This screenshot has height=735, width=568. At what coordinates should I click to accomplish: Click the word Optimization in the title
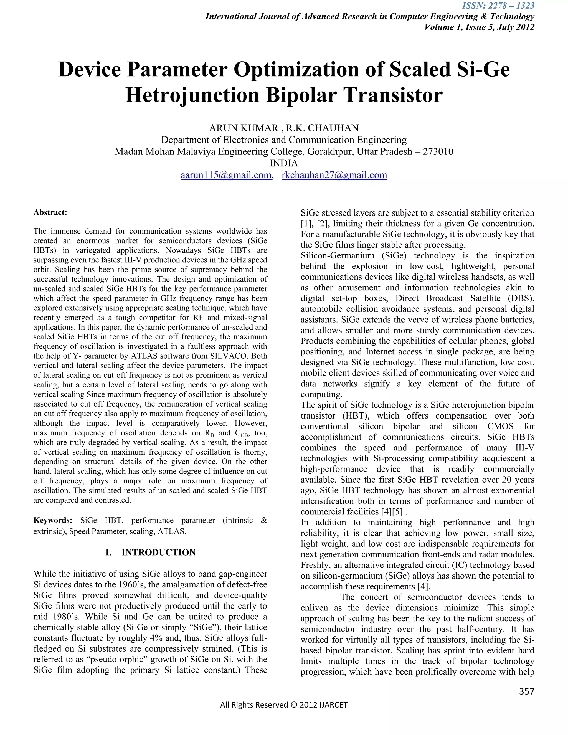click(308, 70)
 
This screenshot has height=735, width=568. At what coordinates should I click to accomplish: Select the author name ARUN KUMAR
click(243, 128)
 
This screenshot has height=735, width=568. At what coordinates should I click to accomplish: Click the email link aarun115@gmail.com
click(226, 175)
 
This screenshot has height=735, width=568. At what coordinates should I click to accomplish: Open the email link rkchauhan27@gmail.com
click(334, 175)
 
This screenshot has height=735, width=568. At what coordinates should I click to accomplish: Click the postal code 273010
click(438, 152)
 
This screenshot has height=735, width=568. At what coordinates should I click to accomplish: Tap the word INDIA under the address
click(284, 164)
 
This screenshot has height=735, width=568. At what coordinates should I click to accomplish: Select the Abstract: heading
click(50, 212)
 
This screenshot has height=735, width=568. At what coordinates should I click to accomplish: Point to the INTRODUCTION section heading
click(158, 552)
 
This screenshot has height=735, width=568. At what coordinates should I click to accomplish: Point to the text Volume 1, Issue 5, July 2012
click(479, 27)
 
